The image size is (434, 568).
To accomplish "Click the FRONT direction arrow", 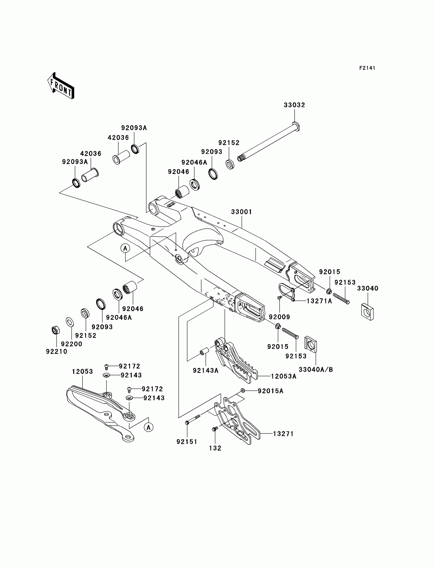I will pos(61,86).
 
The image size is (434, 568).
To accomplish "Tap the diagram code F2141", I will pos(367,68).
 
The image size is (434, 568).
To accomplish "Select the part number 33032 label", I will pos(295,105).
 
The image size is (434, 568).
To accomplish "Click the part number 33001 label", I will pos(242,212).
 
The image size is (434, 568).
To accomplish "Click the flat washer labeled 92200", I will pos(70,322).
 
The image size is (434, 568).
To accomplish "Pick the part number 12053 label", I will pos(82,372).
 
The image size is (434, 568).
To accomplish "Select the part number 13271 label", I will pos(283,434).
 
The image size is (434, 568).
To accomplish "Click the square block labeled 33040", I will pos(367,311).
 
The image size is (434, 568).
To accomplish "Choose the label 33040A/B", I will pos(316,369).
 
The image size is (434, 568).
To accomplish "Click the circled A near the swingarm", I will pos(125,248).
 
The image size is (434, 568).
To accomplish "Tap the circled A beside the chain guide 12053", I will pos(149,427).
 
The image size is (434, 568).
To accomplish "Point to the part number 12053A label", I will pos(284,376).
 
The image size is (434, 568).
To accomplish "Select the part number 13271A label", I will pos(319,301).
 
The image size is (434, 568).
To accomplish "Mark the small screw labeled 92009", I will pos(279,298).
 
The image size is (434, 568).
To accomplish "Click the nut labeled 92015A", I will pos(242,390).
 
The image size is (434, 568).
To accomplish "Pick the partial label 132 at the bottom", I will pos(215,448).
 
